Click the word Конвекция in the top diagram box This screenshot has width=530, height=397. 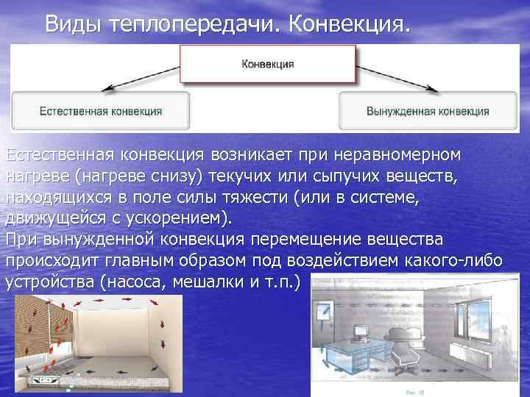[x=268, y=64]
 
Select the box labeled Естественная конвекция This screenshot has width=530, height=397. [x=101, y=112]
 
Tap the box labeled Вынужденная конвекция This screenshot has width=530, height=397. [x=428, y=112]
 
